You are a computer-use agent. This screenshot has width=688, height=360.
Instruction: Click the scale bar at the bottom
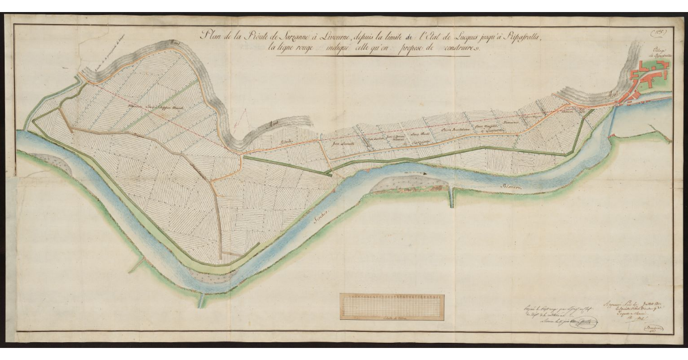tap(392, 306)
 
